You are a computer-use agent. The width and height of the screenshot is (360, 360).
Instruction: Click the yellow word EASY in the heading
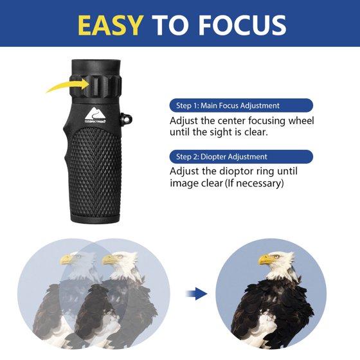110,25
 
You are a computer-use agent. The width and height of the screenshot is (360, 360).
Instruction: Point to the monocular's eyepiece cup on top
96,67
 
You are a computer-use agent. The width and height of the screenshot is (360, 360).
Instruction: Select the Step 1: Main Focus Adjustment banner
241,105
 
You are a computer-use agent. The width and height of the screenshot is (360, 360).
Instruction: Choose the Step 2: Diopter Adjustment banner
241,157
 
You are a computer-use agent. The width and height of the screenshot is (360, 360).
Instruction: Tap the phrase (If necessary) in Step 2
255,183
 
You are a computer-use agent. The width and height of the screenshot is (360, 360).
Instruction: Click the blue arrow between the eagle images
196,293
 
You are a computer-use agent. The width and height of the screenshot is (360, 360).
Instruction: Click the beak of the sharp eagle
265,260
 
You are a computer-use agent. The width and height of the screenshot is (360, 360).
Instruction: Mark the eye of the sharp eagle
276,256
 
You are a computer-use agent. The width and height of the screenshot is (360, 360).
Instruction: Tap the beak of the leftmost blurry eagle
66,260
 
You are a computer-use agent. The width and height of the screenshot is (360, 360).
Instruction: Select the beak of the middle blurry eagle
109,260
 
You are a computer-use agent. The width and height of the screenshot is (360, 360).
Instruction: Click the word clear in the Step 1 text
256,132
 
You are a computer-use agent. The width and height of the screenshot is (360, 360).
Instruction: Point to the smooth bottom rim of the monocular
95,217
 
